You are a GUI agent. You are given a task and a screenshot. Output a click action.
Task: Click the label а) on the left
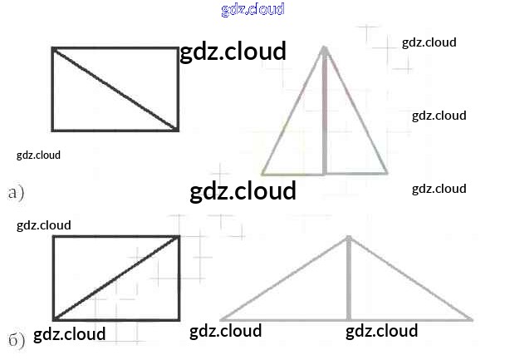tap(16, 194)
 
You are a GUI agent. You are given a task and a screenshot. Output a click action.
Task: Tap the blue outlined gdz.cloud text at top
tap(253, 10)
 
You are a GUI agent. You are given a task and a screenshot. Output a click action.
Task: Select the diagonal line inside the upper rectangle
tap(115, 90)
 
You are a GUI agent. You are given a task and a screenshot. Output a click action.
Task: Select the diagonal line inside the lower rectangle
tap(116, 278)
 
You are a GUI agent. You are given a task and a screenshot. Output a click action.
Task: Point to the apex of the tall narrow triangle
tap(325, 47)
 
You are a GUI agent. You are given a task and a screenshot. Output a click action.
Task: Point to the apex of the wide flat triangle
tap(348, 236)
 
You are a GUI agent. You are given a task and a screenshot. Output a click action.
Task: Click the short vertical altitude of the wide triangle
tap(348, 279)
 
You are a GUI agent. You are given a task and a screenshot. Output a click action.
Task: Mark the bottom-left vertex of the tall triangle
tap(262, 175)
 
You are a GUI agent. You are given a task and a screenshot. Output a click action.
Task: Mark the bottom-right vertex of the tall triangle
tap(387, 174)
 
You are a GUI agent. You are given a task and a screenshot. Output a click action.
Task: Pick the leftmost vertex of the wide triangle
tap(221, 319)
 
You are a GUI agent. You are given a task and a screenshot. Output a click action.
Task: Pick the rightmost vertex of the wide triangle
tap(473, 319)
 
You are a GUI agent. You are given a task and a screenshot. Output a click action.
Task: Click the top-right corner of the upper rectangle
tap(178, 49)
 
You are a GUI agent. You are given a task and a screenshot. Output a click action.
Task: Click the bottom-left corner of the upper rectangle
tap(53, 130)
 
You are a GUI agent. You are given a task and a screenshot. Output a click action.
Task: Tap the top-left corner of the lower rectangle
tap(54, 237)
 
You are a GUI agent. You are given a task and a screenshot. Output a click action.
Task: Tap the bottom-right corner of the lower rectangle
tap(179, 318)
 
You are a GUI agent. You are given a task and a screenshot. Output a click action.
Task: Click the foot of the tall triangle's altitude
tap(325, 174)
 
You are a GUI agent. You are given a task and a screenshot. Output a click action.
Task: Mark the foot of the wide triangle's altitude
tap(348, 319)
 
